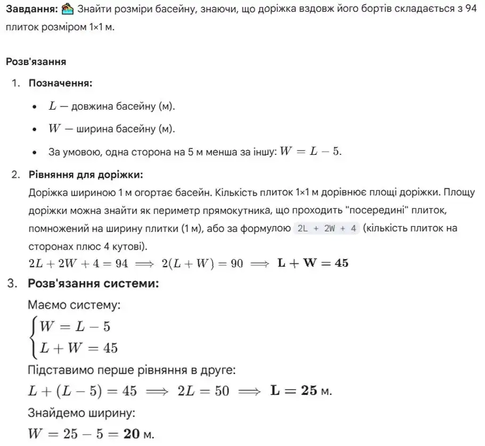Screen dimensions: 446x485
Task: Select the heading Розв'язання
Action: coord(36,62)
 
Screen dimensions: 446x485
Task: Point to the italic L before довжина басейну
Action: coord(52,106)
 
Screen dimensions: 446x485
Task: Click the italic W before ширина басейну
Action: coord(54,129)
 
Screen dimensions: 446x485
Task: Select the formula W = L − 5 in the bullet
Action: coord(310,152)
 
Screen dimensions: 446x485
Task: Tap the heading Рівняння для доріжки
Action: coord(85,175)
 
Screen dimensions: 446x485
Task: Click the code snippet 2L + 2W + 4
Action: coord(327,228)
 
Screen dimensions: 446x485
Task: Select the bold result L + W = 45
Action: coord(314,263)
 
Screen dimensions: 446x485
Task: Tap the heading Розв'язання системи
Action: coord(93,283)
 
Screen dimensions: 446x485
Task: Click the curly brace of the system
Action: coord(34,337)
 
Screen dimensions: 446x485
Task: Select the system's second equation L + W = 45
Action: coord(79,349)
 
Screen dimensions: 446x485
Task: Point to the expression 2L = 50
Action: coord(203,391)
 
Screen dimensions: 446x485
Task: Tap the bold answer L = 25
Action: coord(294,391)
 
